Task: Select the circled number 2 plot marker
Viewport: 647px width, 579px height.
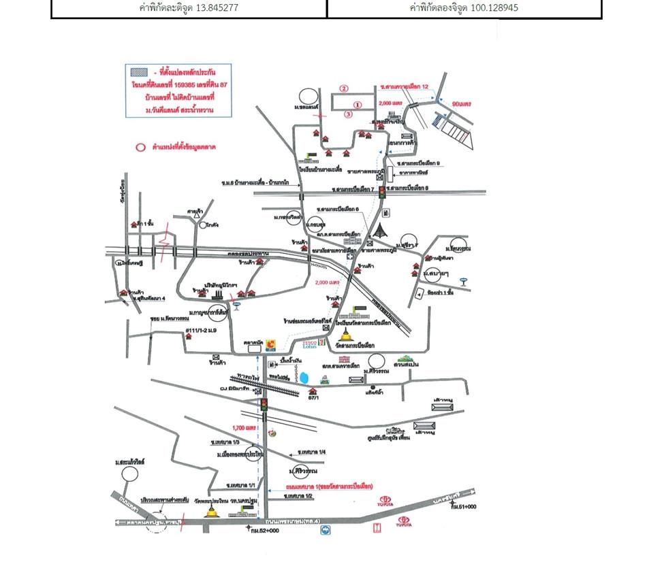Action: pyautogui.click(x=345, y=88)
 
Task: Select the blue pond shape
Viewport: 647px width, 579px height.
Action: pyautogui.click(x=305, y=378)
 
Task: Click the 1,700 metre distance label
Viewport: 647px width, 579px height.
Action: pyautogui.click(x=243, y=428)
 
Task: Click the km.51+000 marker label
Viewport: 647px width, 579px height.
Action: pyautogui.click(x=462, y=507)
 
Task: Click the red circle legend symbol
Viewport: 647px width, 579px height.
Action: pyautogui.click(x=140, y=147)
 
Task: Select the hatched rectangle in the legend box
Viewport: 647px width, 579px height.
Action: pyautogui.click(x=140, y=70)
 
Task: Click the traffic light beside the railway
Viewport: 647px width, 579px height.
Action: pyautogui.click(x=264, y=406)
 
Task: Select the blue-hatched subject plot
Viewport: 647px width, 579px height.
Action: pyautogui.click(x=435, y=120)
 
